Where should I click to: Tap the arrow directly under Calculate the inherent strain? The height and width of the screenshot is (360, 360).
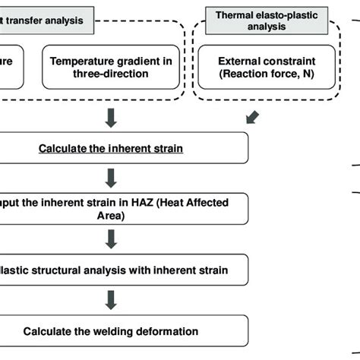point(111,177)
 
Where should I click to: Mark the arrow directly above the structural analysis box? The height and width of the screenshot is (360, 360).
point(111,238)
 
